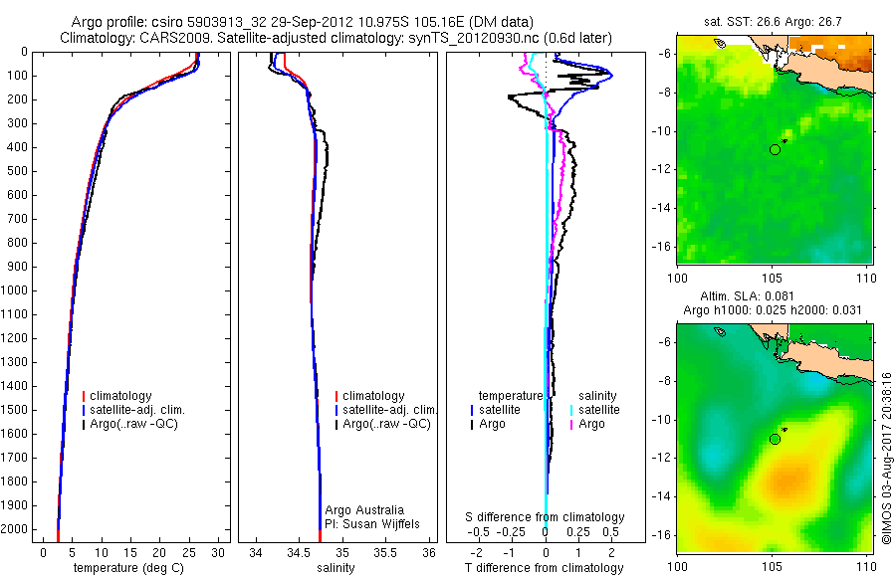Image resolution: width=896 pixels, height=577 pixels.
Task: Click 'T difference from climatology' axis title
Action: [x=544, y=568]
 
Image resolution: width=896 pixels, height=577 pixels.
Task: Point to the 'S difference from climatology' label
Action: [x=546, y=517]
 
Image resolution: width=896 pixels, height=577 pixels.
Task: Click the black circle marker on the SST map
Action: [x=775, y=149]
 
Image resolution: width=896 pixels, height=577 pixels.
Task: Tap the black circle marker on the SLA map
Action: [x=775, y=439]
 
